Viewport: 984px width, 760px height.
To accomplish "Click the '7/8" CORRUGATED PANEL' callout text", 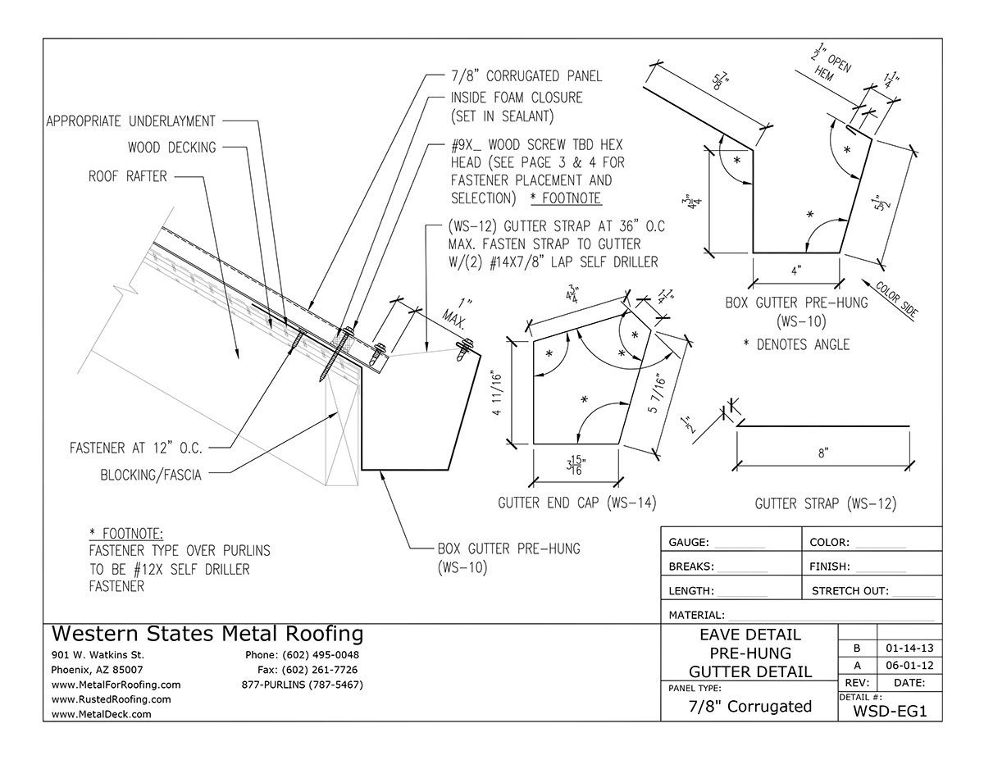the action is pyautogui.click(x=526, y=76).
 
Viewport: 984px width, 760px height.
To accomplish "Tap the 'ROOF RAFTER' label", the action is pyautogui.click(x=128, y=176).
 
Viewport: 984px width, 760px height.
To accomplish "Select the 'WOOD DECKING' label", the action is pyautogui.click(x=172, y=147).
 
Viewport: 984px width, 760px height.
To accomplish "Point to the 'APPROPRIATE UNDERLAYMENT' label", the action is pyautogui.click(x=131, y=121).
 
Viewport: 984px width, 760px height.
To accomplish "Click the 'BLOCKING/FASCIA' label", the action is pyautogui.click(x=151, y=475).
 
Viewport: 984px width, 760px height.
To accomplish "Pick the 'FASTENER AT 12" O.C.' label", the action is pyautogui.click(x=136, y=448).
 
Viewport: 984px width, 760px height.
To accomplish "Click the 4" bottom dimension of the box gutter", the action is pyautogui.click(x=795, y=271).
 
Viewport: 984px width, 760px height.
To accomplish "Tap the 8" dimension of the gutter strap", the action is pyautogui.click(x=823, y=453).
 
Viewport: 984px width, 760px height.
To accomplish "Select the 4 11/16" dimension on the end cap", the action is pyautogui.click(x=497, y=394).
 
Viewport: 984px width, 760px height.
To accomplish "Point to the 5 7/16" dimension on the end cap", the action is pyautogui.click(x=658, y=394).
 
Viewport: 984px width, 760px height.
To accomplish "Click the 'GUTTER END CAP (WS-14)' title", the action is pyautogui.click(x=577, y=503).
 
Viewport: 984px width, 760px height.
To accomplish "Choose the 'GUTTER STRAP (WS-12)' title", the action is pyautogui.click(x=826, y=503).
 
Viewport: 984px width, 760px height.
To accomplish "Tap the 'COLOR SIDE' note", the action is pyautogui.click(x=897, y=299).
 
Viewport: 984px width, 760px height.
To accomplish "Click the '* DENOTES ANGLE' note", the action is pyautogui.click(x=796, y=344).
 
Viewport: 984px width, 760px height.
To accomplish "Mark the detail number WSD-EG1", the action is pyautogui.click(x=890, y=711).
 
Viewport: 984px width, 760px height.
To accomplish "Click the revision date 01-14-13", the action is pyautogui.click(x=909, y=648).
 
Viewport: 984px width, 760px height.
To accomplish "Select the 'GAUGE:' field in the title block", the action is pyautogui.click(x=689, y=542).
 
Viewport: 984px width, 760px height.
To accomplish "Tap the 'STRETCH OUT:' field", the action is pyautogui.click(x=850, y=591).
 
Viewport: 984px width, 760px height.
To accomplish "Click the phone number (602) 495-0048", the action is pyautogui.click(x=320, y=654).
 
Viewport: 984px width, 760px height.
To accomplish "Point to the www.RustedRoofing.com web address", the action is pyautogui.click(x=111, y=699).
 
